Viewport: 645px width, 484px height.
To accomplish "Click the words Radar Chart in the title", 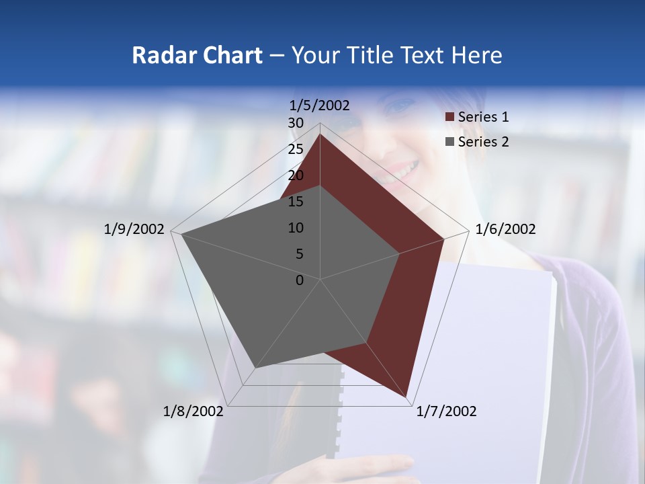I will [x=197, y=55].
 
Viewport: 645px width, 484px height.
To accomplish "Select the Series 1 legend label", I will [x=483, y=117].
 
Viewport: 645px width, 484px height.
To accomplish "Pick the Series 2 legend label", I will [x=483, y=142].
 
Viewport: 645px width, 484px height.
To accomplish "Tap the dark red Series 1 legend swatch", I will [x=449, y=118].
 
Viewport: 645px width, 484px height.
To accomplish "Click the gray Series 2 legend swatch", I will [x=449, y=142].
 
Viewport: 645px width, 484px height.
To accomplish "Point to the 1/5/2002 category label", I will [x=319, y=106].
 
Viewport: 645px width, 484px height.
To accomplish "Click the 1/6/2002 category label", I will [x=505, y=229].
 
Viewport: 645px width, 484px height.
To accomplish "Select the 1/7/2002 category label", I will [x=446, y=411].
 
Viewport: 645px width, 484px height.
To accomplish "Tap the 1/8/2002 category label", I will [x=193, y=411].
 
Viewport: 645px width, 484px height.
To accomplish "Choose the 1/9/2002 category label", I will [x=134, y=229].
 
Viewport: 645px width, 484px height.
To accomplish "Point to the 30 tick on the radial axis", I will [x=296, y=123].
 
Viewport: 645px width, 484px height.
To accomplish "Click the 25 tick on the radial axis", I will [x=296, y=149].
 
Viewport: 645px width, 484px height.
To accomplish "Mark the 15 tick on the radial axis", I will [x=296, y=202].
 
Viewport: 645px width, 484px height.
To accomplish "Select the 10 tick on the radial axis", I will [x=296, y=228].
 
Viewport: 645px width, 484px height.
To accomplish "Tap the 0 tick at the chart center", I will [x=300, y=280].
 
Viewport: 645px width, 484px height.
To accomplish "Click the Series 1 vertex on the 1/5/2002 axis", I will [x=320, y=134].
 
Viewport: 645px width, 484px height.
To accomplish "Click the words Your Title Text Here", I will [x=396, y=55].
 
